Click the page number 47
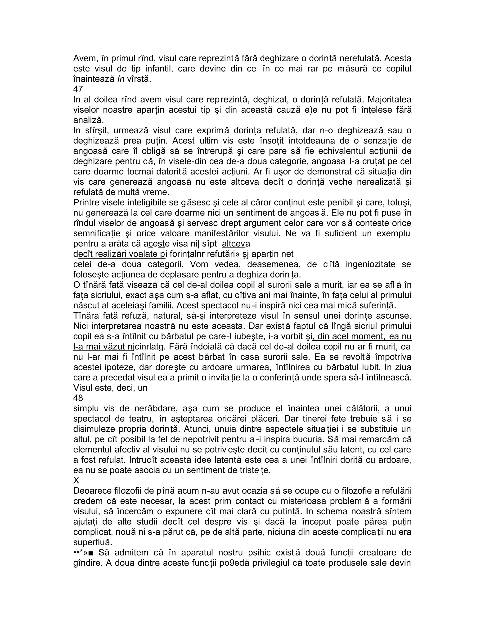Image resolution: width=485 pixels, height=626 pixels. pyautogui.click(x=78, y=89)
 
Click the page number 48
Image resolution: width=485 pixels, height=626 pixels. pyautogui.click(x=78, y=398)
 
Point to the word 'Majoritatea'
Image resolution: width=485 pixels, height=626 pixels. pyautogui.click(x=389, y=99)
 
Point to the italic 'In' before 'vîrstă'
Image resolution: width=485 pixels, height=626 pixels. pyautogui.click(x=121, y=79)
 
